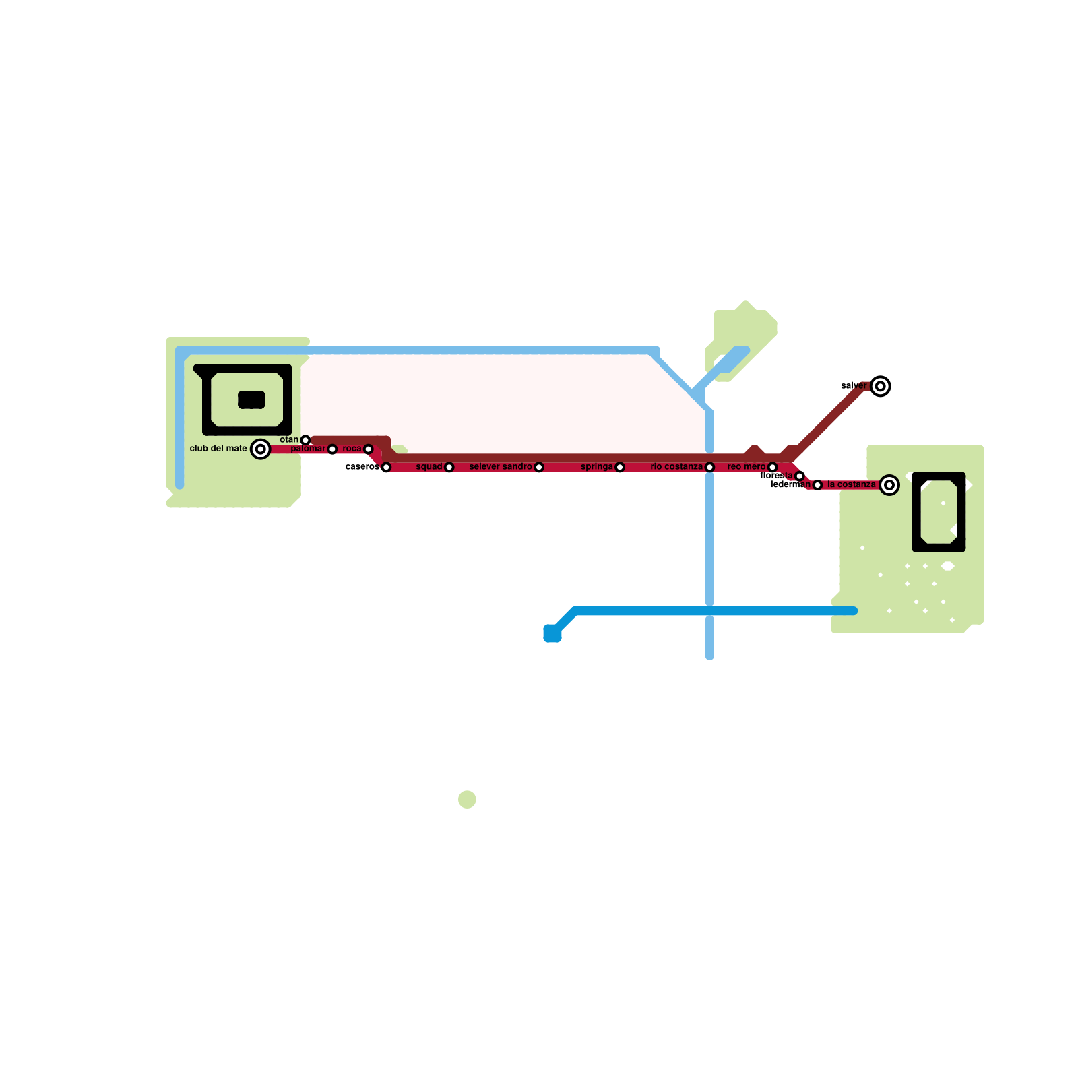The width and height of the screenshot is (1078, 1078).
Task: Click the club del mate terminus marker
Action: (x=261, y=449)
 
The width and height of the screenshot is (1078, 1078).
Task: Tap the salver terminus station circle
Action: (x=881, y=386)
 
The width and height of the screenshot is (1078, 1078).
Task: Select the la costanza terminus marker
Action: (x=889, y=485)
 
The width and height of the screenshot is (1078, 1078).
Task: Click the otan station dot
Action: (x=305, y=440)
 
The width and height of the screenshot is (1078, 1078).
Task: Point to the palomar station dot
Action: (x=332, y=449)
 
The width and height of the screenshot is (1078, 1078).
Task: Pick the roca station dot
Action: (x=368, y=449)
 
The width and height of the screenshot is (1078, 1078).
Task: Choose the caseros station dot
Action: (x=386, y=467)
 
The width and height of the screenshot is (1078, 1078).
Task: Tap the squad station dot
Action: (x=449, y=467)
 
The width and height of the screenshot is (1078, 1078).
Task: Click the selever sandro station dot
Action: (x=539, y=467)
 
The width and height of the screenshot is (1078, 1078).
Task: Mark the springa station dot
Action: (x=620, y=467)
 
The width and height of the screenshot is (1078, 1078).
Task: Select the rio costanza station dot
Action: (x=709, y=467)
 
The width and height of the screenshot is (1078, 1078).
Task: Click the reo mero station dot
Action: (x=773, y=467)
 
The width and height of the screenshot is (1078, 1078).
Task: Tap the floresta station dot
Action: (x=800, y=476)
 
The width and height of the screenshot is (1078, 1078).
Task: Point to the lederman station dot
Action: (x=817, y=485)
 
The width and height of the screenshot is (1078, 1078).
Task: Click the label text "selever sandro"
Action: (x=500, y=467)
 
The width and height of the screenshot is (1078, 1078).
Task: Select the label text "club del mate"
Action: (x=218, y=449)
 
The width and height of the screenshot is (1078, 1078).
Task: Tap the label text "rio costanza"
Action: (x=676, y=467)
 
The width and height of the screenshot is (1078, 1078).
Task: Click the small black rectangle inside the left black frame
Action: (x=251, y=400)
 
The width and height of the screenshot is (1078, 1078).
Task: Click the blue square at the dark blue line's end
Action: (x=552, y=633)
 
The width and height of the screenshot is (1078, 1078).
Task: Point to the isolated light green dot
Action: (x=467, y=800)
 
